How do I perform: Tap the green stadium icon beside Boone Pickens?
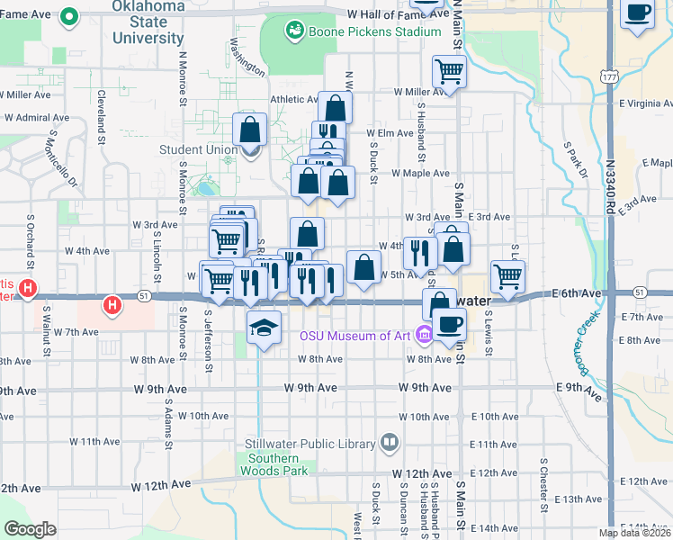click(x=293, y=32)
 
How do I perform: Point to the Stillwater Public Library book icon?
click(x=389, y=442)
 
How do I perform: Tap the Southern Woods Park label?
click(x=274, y=463)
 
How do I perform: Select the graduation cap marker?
click(x=265, y=327)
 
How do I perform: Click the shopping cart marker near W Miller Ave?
click(x=449, y=70)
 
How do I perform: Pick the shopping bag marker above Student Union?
click(x=249, y=128)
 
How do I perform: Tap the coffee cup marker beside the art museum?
click(x=449, y=323)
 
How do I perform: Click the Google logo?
click(x=30, y=529)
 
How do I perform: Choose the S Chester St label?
click(x=544, y=485)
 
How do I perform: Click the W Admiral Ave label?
click(x=37, y=118)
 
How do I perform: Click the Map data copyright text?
click(x=634, y=533)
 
